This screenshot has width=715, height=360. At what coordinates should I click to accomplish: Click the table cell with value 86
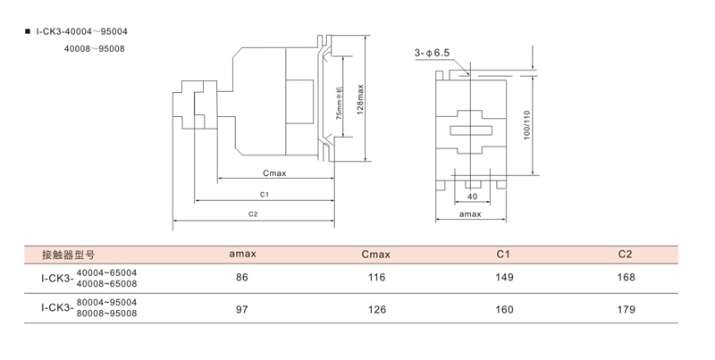point(242,278)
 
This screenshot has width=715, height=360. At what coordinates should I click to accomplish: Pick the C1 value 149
point(503,278)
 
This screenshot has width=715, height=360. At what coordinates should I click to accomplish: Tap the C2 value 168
point(626,278)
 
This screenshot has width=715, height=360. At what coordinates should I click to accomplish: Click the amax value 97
point(242,310)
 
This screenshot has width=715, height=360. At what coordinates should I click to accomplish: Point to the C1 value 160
point(503,310)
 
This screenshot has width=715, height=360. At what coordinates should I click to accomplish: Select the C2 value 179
point(626,310)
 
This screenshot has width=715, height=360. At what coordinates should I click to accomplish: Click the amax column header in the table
point(242,255)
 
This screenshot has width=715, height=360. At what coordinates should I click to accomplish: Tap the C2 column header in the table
point(626,255)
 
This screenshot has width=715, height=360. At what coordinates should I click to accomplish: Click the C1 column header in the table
point(503,255)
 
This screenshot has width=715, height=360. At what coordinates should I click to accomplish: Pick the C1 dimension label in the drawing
point(265,194)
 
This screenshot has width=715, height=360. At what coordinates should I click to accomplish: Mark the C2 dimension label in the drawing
point(253,214)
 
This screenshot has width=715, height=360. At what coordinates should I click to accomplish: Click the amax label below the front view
point(470,215)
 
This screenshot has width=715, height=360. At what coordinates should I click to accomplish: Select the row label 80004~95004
point(106,304)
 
